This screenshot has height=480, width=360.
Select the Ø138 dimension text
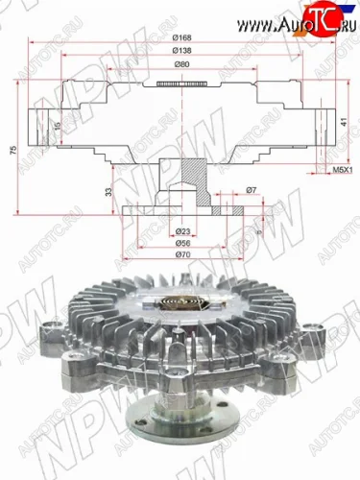click(x=181, y=50)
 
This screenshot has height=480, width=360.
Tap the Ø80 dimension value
click(x=181, y=65)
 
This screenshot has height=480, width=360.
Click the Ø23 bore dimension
click(x=181, y=231)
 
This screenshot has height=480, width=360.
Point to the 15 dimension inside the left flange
click(x=57, y=126)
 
